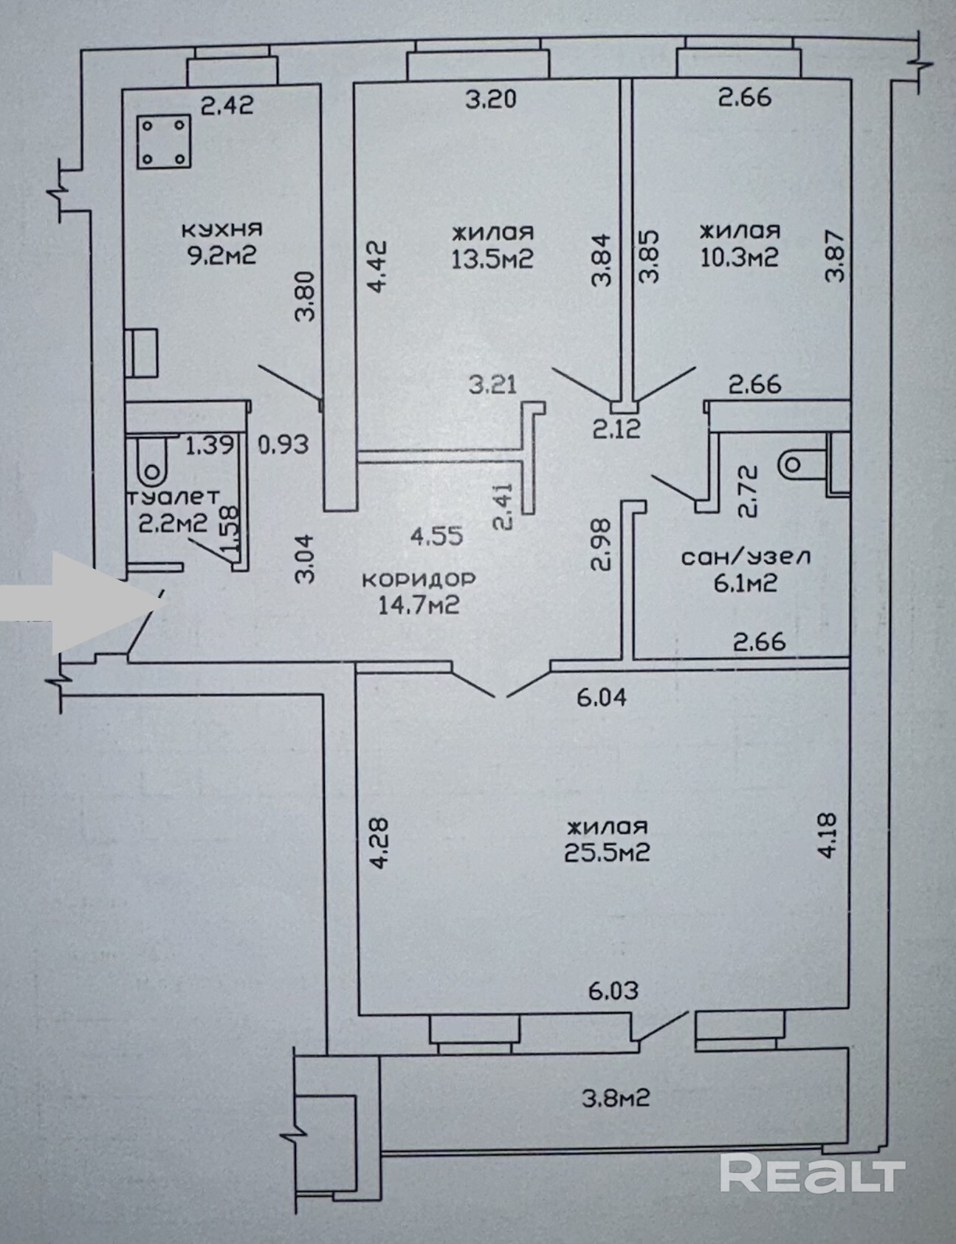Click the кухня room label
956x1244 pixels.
tap(221, 230)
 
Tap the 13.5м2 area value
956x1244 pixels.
tap(492, 258)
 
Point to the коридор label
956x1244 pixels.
tap(419, 579)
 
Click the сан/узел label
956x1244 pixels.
tap(745, 556)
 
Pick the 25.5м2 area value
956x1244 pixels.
tap(607, 853)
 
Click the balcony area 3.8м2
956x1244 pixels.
tap(616, 1099)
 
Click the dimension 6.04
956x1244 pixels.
tap(602, 696)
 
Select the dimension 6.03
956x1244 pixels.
tap(613, 990)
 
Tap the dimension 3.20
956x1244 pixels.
tap(491, 98)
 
